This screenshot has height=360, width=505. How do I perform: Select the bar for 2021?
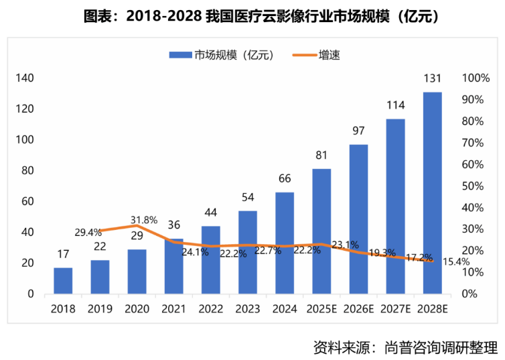point(174,266)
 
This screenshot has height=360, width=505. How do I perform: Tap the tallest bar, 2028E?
point(432,193)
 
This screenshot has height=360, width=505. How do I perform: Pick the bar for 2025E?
point(321,231)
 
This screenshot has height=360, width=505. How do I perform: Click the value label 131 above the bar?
point(432,79)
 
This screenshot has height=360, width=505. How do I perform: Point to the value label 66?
point(285,179)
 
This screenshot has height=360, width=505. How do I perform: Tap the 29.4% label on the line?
point(88,233)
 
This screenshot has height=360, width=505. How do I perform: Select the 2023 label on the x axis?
point(248,309)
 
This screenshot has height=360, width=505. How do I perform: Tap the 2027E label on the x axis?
point(395,309)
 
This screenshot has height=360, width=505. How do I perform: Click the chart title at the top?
point(252,17)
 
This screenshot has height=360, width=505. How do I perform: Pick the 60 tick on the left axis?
point(27,201)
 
